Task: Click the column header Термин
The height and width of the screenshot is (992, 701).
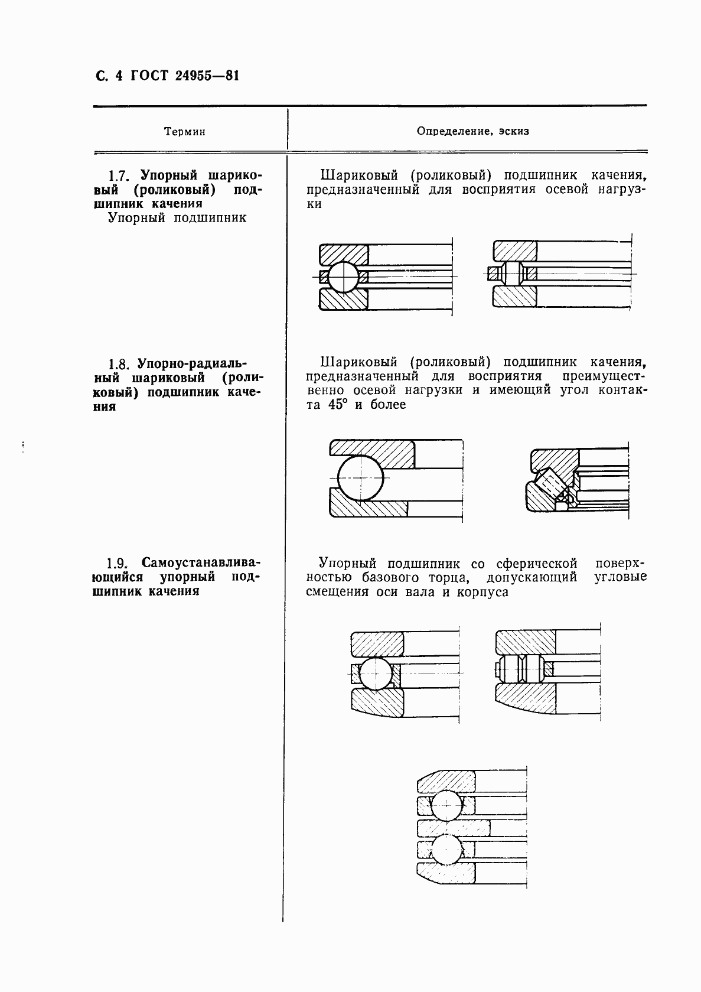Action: (x=185, y=132)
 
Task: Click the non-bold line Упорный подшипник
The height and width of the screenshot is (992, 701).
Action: (x=177, y=218)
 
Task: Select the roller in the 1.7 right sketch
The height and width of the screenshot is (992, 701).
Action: (x=511, y=274)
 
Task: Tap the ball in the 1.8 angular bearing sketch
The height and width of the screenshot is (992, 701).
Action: (x=360, y=477)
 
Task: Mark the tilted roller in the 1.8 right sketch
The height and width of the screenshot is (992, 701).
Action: (x=550, y=483)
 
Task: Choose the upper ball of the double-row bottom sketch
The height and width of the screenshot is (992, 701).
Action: (x=448, y=805)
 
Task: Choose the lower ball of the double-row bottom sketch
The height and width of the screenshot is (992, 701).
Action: (x=448, y=850)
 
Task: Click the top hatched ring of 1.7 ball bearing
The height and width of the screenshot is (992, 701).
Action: (x=344, y=254)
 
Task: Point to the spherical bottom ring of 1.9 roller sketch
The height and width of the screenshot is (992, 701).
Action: (x=526, y=699)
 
